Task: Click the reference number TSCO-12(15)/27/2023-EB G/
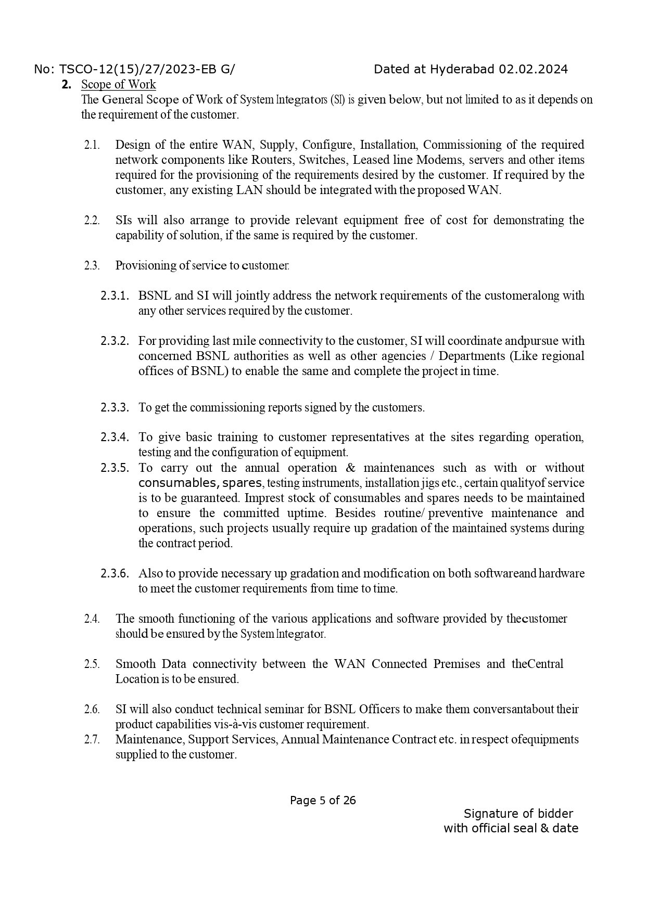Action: (147, 69)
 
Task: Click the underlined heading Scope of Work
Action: (118, 84)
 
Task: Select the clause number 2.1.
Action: (92, 145)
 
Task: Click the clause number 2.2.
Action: (92, 220)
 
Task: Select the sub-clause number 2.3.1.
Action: (115, 296)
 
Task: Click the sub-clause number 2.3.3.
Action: (115, 407)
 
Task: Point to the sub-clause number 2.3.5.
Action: (115, 468)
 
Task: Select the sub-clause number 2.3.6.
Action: (115, 574)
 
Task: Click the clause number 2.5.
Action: (92, 664)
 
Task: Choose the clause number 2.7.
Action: (92, 739)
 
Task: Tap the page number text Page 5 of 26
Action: (323, 801)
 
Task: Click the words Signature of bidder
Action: (518, 814)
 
